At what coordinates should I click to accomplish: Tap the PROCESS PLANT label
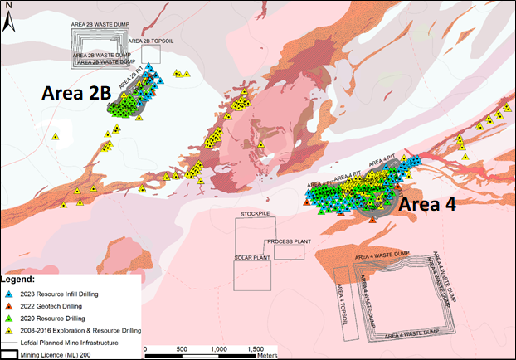(288, 241)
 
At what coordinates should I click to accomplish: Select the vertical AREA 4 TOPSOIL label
(341, 291)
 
